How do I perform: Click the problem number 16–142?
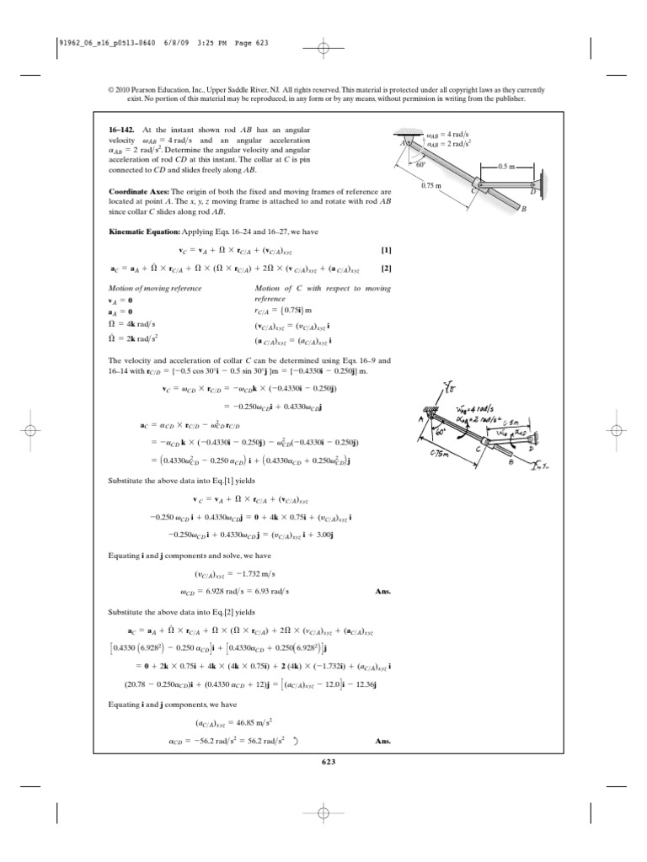123,130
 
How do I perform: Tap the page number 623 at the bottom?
329,762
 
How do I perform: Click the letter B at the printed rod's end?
523,210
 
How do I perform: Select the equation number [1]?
386,251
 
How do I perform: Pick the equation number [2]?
386,269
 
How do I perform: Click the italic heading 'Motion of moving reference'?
156,288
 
